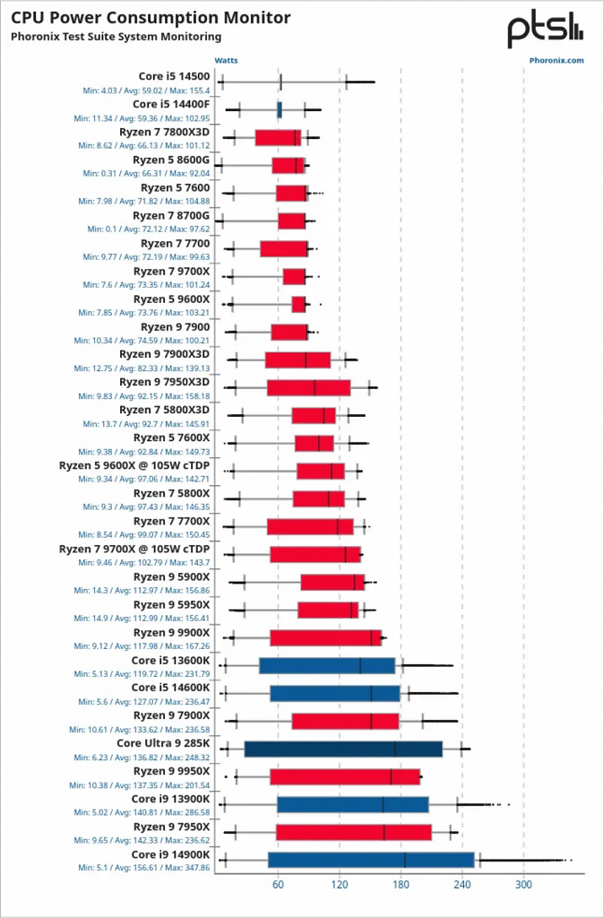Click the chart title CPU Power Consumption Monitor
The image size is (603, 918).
(x=151, y=18)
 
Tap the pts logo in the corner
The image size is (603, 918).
(x=545, y=30)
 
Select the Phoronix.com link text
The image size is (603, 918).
(x=556, y=60)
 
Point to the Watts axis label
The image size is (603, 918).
(x=227, y=60)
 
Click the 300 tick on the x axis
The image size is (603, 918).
(x=523, y=884)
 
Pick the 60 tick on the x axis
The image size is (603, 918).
(x=278, y=884)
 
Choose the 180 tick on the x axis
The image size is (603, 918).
(x=401, y=884)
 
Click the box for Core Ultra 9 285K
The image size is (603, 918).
(x=343, y=749)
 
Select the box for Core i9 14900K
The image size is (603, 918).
(x=372, y=860)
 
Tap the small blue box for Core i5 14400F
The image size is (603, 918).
(x=280, y=110)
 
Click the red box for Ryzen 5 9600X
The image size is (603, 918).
(x=299, y=305)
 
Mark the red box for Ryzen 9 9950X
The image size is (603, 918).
(x=345, y=777)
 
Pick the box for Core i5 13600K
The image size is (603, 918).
(x=327, y=666)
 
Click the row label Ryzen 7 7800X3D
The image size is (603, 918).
(x=164, y=133)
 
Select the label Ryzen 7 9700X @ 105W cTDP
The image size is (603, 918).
(x=134, y=550)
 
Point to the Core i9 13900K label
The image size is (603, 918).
(x=170, y=799)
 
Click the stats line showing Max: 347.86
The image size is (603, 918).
(x=144, y=868)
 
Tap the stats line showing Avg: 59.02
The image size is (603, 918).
(x=146, y=91)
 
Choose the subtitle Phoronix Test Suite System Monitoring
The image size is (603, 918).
(x=116, y=37)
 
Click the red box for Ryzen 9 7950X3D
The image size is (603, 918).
(x=309, y=388)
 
